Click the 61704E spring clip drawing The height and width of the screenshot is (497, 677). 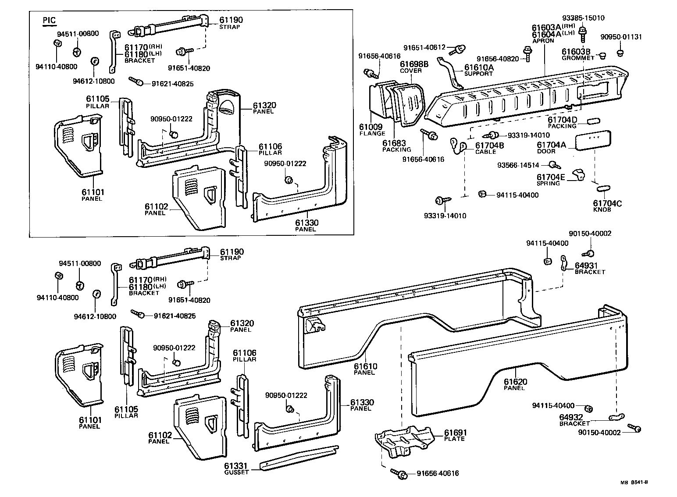pyautogui.click(x=578, y=174)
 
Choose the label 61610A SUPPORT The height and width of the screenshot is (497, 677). pyautogui.click(x=478, y=70)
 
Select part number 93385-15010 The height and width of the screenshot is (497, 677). pyautogui.click(x=583, y=18)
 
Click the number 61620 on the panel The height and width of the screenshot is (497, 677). pyautogui.click(x=515, y=382)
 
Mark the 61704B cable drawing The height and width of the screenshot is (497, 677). pyautogui.click(x=458, y=146)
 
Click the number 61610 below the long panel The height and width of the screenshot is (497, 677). pyautogui.click(x=365, y=366)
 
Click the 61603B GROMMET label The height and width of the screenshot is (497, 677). pyautogui.click(x=577, y=54)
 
